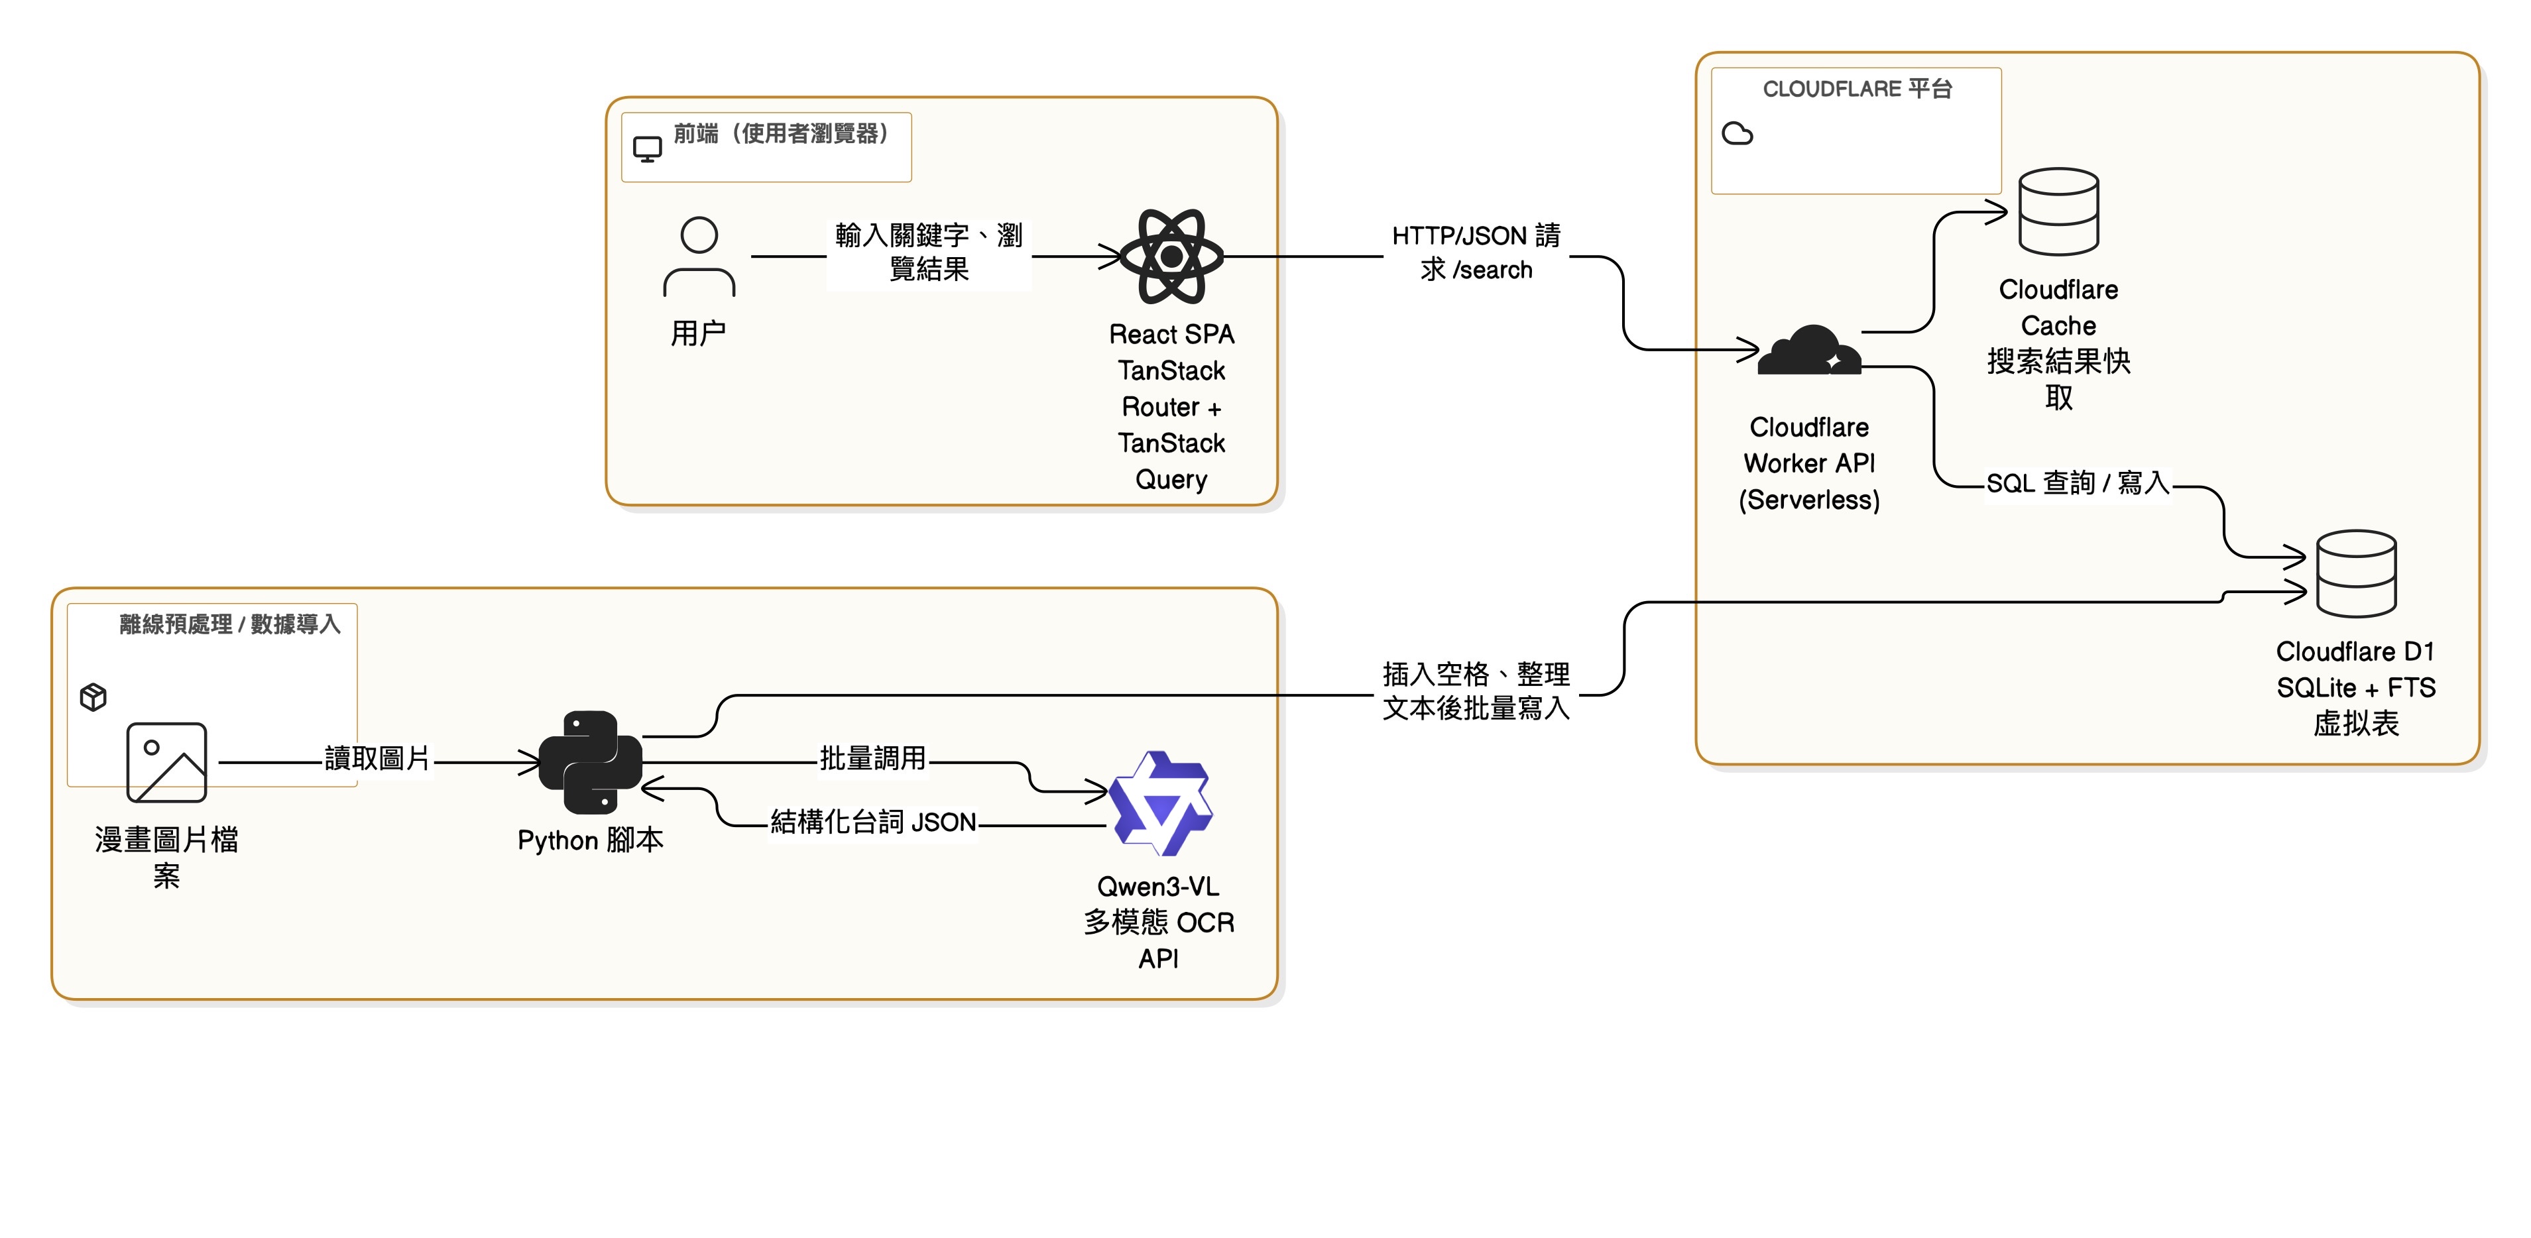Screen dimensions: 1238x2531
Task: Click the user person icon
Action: (699, 257)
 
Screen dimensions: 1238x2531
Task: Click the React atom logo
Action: (1171, 256)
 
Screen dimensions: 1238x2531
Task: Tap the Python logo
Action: (591, 762)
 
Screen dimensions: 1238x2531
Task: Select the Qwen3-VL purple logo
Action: (1160, 804)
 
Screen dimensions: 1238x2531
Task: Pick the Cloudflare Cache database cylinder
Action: (2058, 211)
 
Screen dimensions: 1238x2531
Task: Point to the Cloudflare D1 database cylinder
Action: (2356, 574)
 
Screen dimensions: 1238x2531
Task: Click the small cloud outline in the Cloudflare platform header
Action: (1737, 134)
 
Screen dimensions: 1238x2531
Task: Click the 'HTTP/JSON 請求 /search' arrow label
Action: (1476, 253)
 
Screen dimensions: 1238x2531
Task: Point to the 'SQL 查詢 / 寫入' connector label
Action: (2077, 483)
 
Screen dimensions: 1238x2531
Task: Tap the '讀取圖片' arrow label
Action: (377, 759)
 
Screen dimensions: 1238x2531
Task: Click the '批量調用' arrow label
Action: (872, 759)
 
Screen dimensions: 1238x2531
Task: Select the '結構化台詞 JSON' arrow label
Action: (872, 822)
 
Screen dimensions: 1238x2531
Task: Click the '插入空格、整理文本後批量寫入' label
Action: (1476, 691)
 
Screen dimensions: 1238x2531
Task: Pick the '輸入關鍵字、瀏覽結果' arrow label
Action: (929, 253)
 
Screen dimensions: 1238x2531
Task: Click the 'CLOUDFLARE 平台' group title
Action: (1857, 89)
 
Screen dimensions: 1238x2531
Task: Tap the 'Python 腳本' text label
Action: (591, 841)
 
